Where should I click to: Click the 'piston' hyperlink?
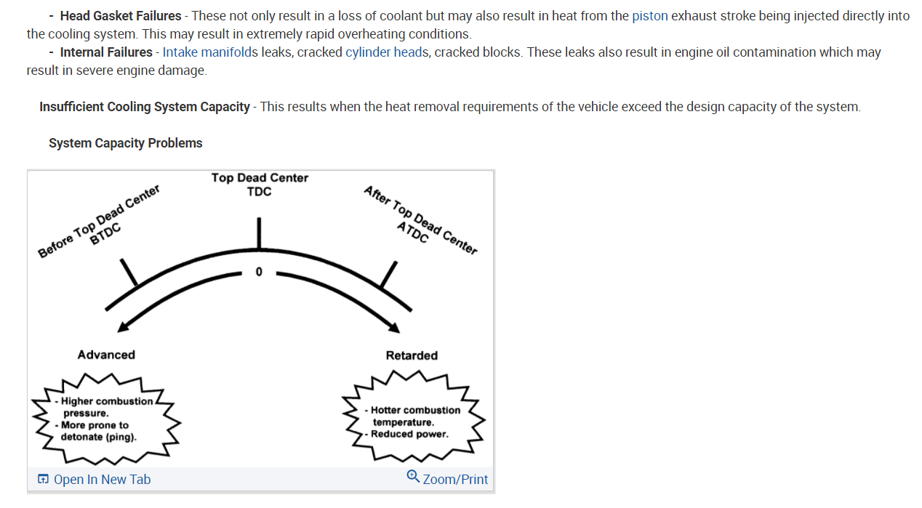tap(649, 16)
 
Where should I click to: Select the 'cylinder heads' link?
tap(387, 52)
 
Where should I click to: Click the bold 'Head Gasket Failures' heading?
tap(121, 16)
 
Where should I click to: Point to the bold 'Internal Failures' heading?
tap(106, 52)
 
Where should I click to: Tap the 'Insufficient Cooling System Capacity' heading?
tap(145, 107)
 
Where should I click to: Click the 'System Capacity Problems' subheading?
tap(126, 143)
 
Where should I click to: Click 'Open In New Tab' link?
tap(102, 479)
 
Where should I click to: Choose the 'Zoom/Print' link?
tap(455, 479)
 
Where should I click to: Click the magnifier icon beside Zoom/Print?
tap(413, 477)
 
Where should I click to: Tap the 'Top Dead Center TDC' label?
tap(260, 185)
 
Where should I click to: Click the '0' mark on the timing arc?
tap(258, 273)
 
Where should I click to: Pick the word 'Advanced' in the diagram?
tap(106, 355)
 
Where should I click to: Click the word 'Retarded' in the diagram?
tap(412, 355)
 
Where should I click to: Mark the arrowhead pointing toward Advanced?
tap(123, 326)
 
